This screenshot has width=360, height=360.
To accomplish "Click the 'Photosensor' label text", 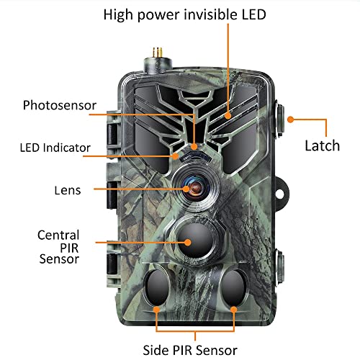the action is tap(60, 105).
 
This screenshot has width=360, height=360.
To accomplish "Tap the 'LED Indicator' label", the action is tap(55, 148).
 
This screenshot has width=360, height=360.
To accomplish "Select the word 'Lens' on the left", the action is tap(68, 190).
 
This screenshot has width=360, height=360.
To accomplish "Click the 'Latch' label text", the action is tap(323, 145).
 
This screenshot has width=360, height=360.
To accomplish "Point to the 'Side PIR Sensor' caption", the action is tap(190, 350).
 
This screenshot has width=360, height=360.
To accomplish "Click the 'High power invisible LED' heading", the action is tap(185, 15).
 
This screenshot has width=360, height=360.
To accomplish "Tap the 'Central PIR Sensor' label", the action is tap(58, 247).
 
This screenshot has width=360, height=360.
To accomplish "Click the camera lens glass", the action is tap(195, 187).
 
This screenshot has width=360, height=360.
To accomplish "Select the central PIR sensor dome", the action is tap(196, 241).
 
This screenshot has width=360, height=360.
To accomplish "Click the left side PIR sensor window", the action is tap(157, 287).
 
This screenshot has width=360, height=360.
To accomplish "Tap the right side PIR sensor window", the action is tap(233, 287).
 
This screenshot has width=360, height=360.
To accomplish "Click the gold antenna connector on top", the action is tap(157, 53).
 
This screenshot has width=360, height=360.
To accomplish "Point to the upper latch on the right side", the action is tap(280, 120).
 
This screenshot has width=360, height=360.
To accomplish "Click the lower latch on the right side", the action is tap(280, 268).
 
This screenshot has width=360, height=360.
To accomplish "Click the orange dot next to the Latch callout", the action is tap(291, 120).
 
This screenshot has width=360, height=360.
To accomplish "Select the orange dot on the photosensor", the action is tap(194, 146).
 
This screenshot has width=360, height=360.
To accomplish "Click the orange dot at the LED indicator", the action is tap(176, 156).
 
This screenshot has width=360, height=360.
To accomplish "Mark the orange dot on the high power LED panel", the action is tap(228, 116).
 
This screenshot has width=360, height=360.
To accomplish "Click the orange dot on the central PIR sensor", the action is tap(188, 243).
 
